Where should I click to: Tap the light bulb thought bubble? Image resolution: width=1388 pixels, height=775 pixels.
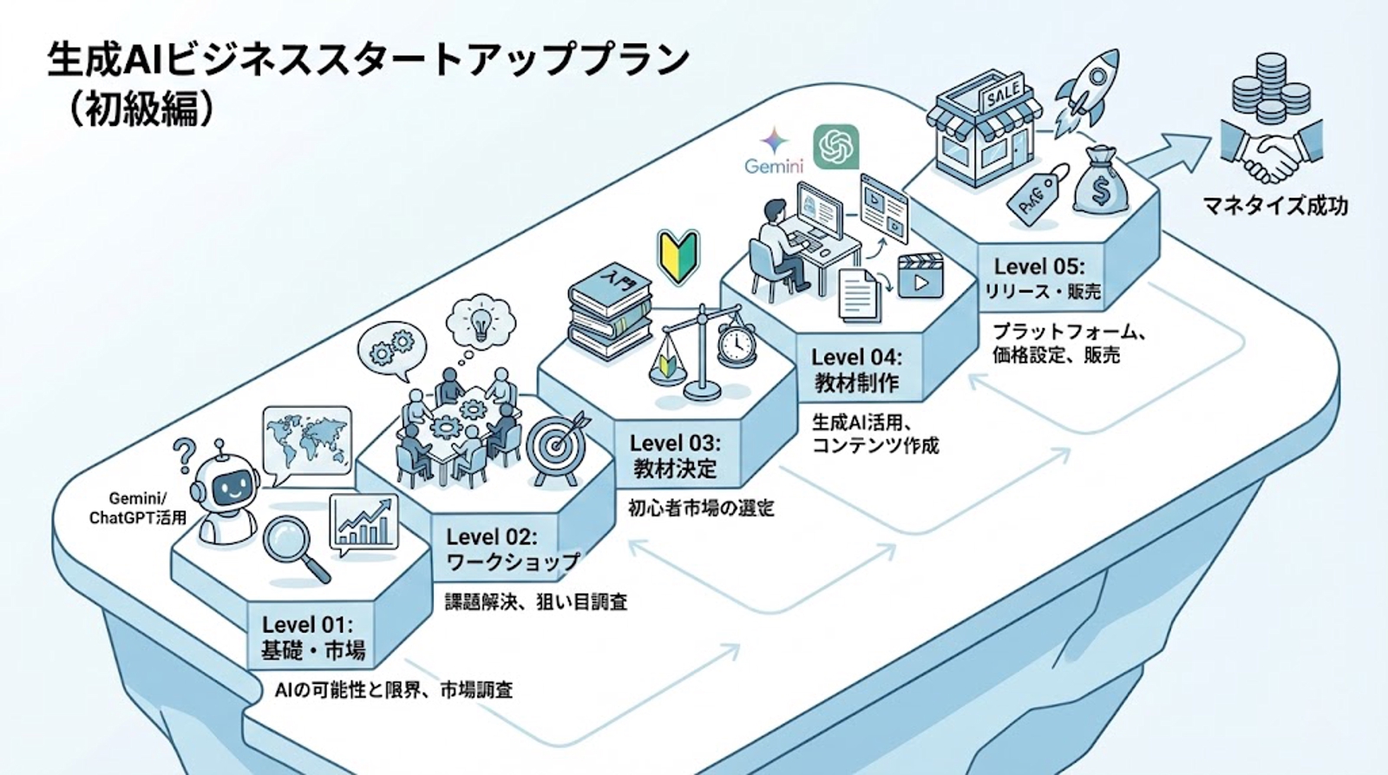(x=479, y=323)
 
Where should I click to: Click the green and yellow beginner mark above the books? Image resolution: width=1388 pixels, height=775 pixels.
(x=678, y=255)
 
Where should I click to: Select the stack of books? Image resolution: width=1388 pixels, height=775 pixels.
(x=609, y=312)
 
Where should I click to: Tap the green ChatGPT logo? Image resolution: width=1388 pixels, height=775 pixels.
(x=835, y=147)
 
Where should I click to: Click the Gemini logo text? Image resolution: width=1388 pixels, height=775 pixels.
(x=773, y=166)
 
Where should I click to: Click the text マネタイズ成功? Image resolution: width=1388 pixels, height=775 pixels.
(x=1274, y=206)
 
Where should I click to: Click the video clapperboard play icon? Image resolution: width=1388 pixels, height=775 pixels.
(x=920, y=276)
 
